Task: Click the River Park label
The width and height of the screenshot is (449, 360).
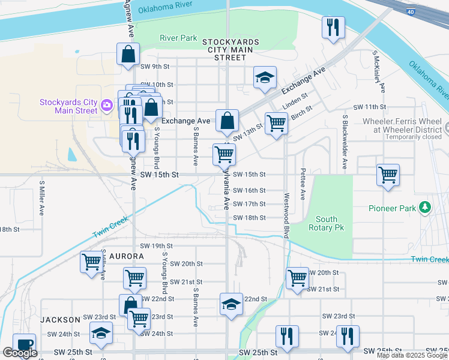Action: point(178,38)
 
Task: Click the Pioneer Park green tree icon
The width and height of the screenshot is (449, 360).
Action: point(426,208)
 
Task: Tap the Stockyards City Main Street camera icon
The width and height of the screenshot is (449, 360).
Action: point(107,106)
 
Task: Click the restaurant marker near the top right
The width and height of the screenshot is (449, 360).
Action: point(331,27)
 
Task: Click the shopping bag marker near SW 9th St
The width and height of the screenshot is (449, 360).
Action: point(128,54)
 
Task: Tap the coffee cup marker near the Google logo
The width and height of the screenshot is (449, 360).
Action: point(23,344)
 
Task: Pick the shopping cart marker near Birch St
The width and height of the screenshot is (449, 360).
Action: point(276,123)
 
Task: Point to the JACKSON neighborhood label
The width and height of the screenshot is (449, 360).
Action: point(61,320)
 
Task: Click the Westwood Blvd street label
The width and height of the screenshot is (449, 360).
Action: point(286,215)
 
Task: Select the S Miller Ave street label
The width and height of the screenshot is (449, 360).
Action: point(41,198)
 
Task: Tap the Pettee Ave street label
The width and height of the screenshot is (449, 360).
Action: point(303,184)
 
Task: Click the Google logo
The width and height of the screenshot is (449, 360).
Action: point(20,353)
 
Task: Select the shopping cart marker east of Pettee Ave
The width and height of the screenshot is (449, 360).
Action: point(388,175)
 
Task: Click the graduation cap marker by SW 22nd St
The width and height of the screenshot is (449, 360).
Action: point(231,303)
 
